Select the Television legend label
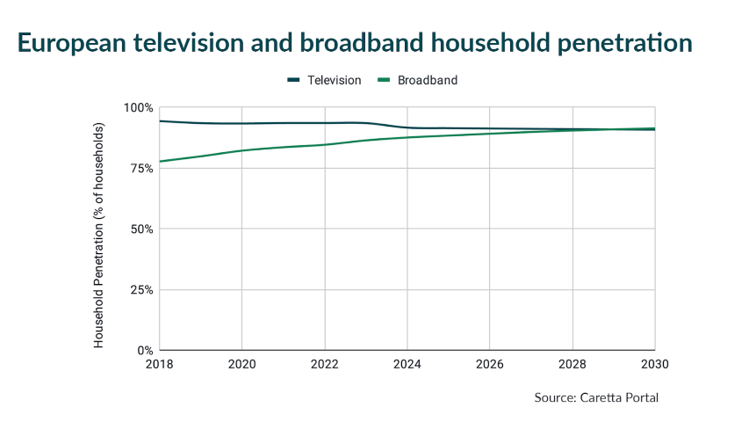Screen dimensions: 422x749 point(334,80)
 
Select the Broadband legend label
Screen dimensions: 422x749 point(428,80)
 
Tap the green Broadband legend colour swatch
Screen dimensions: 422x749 point(384,80)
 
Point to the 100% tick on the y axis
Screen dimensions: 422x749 point(137,107)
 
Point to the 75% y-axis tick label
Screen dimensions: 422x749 point(140,168)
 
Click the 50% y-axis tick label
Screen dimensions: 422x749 point(140,229)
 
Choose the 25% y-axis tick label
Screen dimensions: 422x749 point(140,289)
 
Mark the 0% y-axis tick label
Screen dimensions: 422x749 point(144,350)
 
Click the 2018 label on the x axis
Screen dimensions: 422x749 point(160,363)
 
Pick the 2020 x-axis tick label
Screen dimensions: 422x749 point(242,363)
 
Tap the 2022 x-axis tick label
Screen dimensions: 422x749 point(325,363)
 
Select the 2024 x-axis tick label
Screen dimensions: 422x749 point(407,363)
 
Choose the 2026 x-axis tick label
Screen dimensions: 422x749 point(490,363)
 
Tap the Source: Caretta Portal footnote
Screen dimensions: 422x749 point(595,398)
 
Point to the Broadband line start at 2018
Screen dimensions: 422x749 point(160,161)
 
